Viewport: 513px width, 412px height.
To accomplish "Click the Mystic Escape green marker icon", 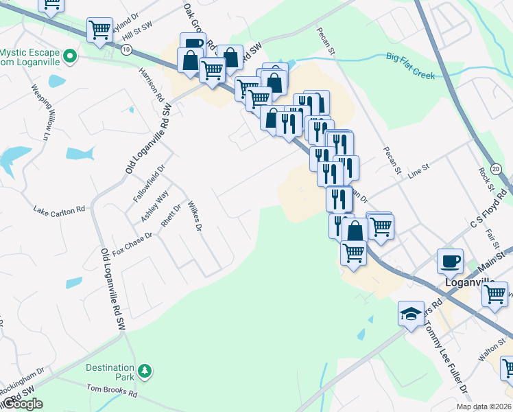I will point(69,55).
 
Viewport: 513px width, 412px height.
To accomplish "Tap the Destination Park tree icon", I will point(144,371).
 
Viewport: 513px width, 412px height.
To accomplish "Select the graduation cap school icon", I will point(410,314).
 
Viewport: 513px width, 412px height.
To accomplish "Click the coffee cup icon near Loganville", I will point(450,261).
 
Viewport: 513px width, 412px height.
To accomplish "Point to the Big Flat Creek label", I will point(410,65).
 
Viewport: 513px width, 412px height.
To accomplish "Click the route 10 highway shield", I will point(126,49).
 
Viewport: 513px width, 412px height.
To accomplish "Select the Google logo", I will point(23,404).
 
